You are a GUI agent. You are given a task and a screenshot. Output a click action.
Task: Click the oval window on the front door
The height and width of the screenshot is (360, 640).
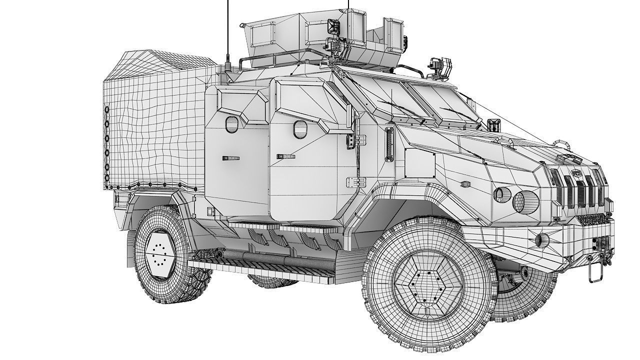pos(300,129)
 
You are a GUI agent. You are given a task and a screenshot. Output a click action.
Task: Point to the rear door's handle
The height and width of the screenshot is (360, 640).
pos(231,158)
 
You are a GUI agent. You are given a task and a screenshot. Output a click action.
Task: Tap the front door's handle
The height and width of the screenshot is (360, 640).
pos(285,156)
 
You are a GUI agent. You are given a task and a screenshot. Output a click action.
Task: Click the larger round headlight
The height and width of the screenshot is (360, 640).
pos(525,200)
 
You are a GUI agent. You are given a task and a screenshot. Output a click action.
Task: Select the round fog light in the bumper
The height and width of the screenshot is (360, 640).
pos(542,240)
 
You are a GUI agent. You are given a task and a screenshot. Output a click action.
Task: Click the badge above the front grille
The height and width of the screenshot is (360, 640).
pos(573,159)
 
